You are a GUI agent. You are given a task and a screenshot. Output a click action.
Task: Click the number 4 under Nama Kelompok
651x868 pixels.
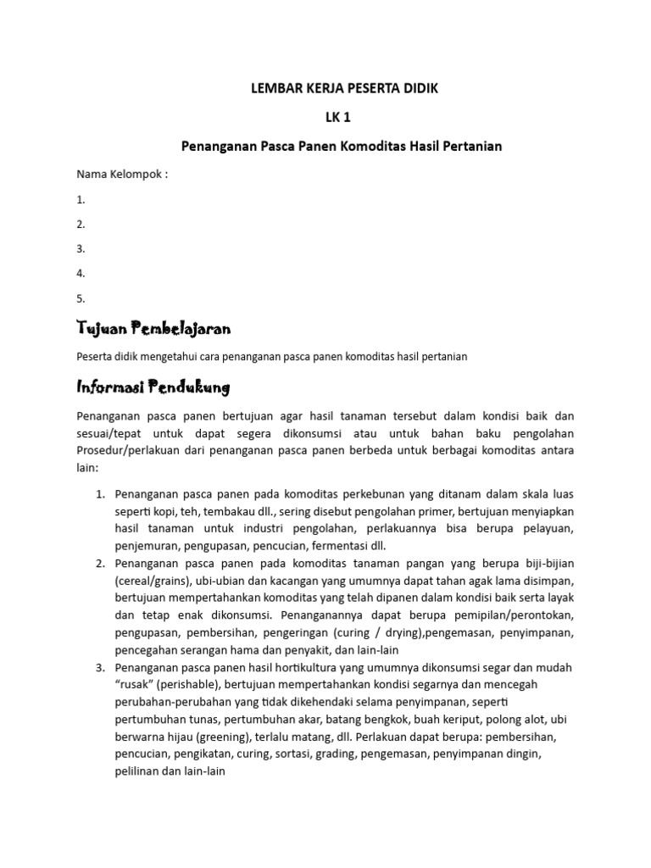[x=81, y=274]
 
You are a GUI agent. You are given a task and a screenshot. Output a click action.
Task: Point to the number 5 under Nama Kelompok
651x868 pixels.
[x=81, y=298]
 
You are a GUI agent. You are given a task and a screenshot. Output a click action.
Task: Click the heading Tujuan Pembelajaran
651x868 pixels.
[x=154, y=328]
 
